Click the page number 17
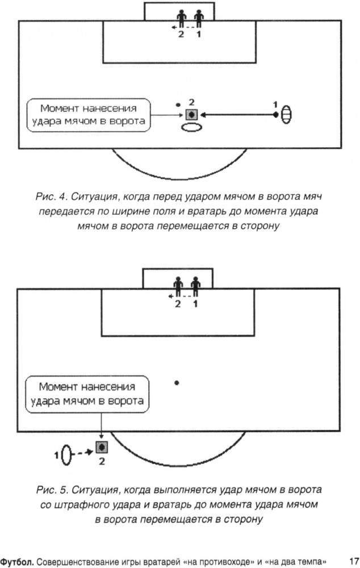pos(354,561)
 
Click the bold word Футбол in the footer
pos(16,562)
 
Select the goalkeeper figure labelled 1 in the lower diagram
pos(195,287)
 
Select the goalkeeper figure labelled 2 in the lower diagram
pos(178,287)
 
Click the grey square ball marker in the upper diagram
pos(191,115)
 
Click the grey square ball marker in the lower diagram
pos(102,448)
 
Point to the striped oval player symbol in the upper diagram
pos(286,115)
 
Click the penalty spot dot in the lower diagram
pos(177,382)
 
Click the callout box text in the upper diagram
pos(89,115)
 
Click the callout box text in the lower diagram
pos(87,394)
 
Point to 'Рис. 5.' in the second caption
pos(52,490)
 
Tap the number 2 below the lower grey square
pos(102,461)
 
